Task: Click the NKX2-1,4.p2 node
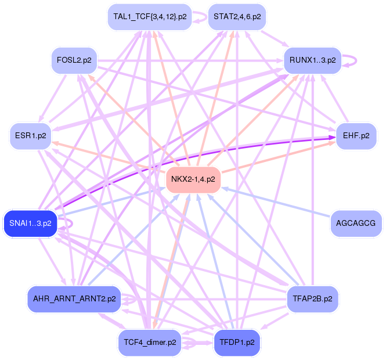(193, 179)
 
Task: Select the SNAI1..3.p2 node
(31, 224)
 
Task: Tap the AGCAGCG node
(356, 224)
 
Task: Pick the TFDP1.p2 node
(237, 343)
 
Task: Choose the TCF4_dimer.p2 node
(150, 343)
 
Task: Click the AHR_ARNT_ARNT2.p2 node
(74, 299)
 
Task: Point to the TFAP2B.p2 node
(312, 299)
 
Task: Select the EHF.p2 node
(356, 136)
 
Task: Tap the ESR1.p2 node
(31, 136)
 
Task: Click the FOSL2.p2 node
(74, 60)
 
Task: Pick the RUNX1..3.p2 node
(312, 60)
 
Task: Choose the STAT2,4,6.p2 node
(237, 17)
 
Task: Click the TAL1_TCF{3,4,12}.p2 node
(150, 17)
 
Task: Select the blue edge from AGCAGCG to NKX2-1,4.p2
(276, 203)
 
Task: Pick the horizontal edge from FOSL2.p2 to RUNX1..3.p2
(190, 60)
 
